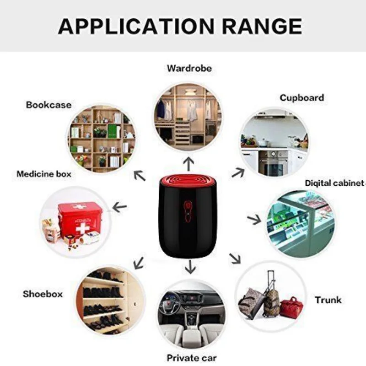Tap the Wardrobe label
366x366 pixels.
click(189, 69)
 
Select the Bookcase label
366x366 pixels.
click(48, 105)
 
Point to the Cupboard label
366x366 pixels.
click(301, 98)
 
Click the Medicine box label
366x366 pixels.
click(44, 174)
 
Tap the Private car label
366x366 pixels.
click(191, 358)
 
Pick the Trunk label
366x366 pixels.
click(328, 300)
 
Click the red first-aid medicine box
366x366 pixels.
click(80, 218)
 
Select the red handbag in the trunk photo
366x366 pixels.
click(291, 307)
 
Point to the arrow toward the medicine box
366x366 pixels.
click(119, 207)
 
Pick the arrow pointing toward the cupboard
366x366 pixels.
click(237, 172)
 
